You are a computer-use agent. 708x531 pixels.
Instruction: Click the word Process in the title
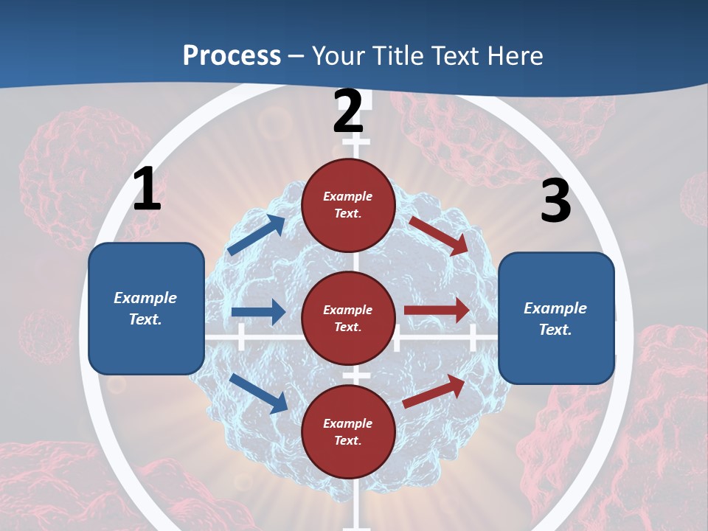pos(232,55)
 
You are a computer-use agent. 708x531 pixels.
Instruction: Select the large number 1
pos(146,190)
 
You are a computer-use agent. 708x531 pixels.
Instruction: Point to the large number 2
pos(348,111)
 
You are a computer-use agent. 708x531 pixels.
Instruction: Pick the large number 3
pos(555,201)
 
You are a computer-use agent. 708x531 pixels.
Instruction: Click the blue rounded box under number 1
pos(146,308)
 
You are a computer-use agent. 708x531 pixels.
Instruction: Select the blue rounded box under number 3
pos(556,319)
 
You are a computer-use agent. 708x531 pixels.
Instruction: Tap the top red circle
pos(348,205)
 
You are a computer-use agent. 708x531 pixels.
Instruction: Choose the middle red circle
pos(348,318)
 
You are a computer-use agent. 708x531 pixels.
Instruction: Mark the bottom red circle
pos(348,431)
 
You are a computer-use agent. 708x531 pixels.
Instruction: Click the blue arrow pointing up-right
pos(257,235)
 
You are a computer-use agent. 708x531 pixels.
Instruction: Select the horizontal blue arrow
pos(258,312)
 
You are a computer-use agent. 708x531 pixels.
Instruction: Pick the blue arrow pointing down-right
pos(259,393)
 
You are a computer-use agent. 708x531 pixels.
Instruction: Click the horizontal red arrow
pos(437,310)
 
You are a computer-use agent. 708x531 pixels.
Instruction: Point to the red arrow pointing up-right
pos(434,391)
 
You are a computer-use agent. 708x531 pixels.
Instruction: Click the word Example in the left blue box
pos(145,298)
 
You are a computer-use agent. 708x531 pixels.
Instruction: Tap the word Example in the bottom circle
pos(348,423)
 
